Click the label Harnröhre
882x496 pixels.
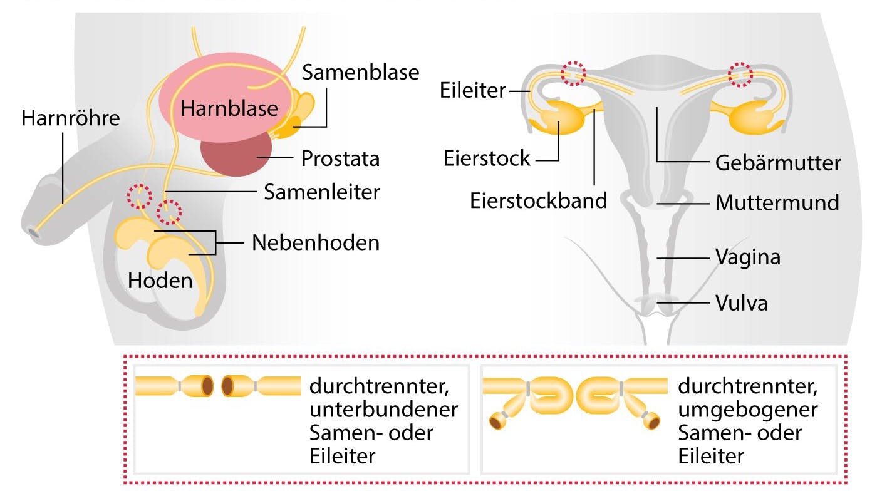coord(70,118)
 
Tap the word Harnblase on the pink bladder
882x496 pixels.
coord(229,108)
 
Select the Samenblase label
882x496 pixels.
coord(361,72)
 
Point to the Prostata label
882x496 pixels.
coord(340,158)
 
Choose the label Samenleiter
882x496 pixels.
coord(322,192)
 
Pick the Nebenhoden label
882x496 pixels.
coord(316,242)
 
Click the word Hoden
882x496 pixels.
coord(160,280)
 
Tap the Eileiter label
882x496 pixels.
coord(472,91)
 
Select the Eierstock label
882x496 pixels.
coord(487,158)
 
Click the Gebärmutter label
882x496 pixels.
coord(778,163)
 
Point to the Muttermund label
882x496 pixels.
coord(777,203)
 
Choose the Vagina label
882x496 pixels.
coord(748,257)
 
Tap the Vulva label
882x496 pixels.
coord(742,304)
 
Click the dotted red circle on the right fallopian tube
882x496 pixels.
coord(741,75)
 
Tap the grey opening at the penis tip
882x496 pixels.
coord(31,232)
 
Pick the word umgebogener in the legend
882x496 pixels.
coord(748,410)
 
